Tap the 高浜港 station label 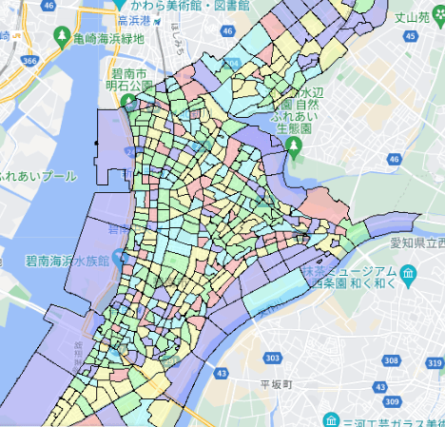(x=135, y=20)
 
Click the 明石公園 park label (x=130, y=87)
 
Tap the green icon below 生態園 (x=294, y=144)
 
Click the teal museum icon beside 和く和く (x=408, y=276)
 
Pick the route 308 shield (x=391, y=360)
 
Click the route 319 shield (x=435, y=363)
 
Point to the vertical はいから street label (x=178, y=35)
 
